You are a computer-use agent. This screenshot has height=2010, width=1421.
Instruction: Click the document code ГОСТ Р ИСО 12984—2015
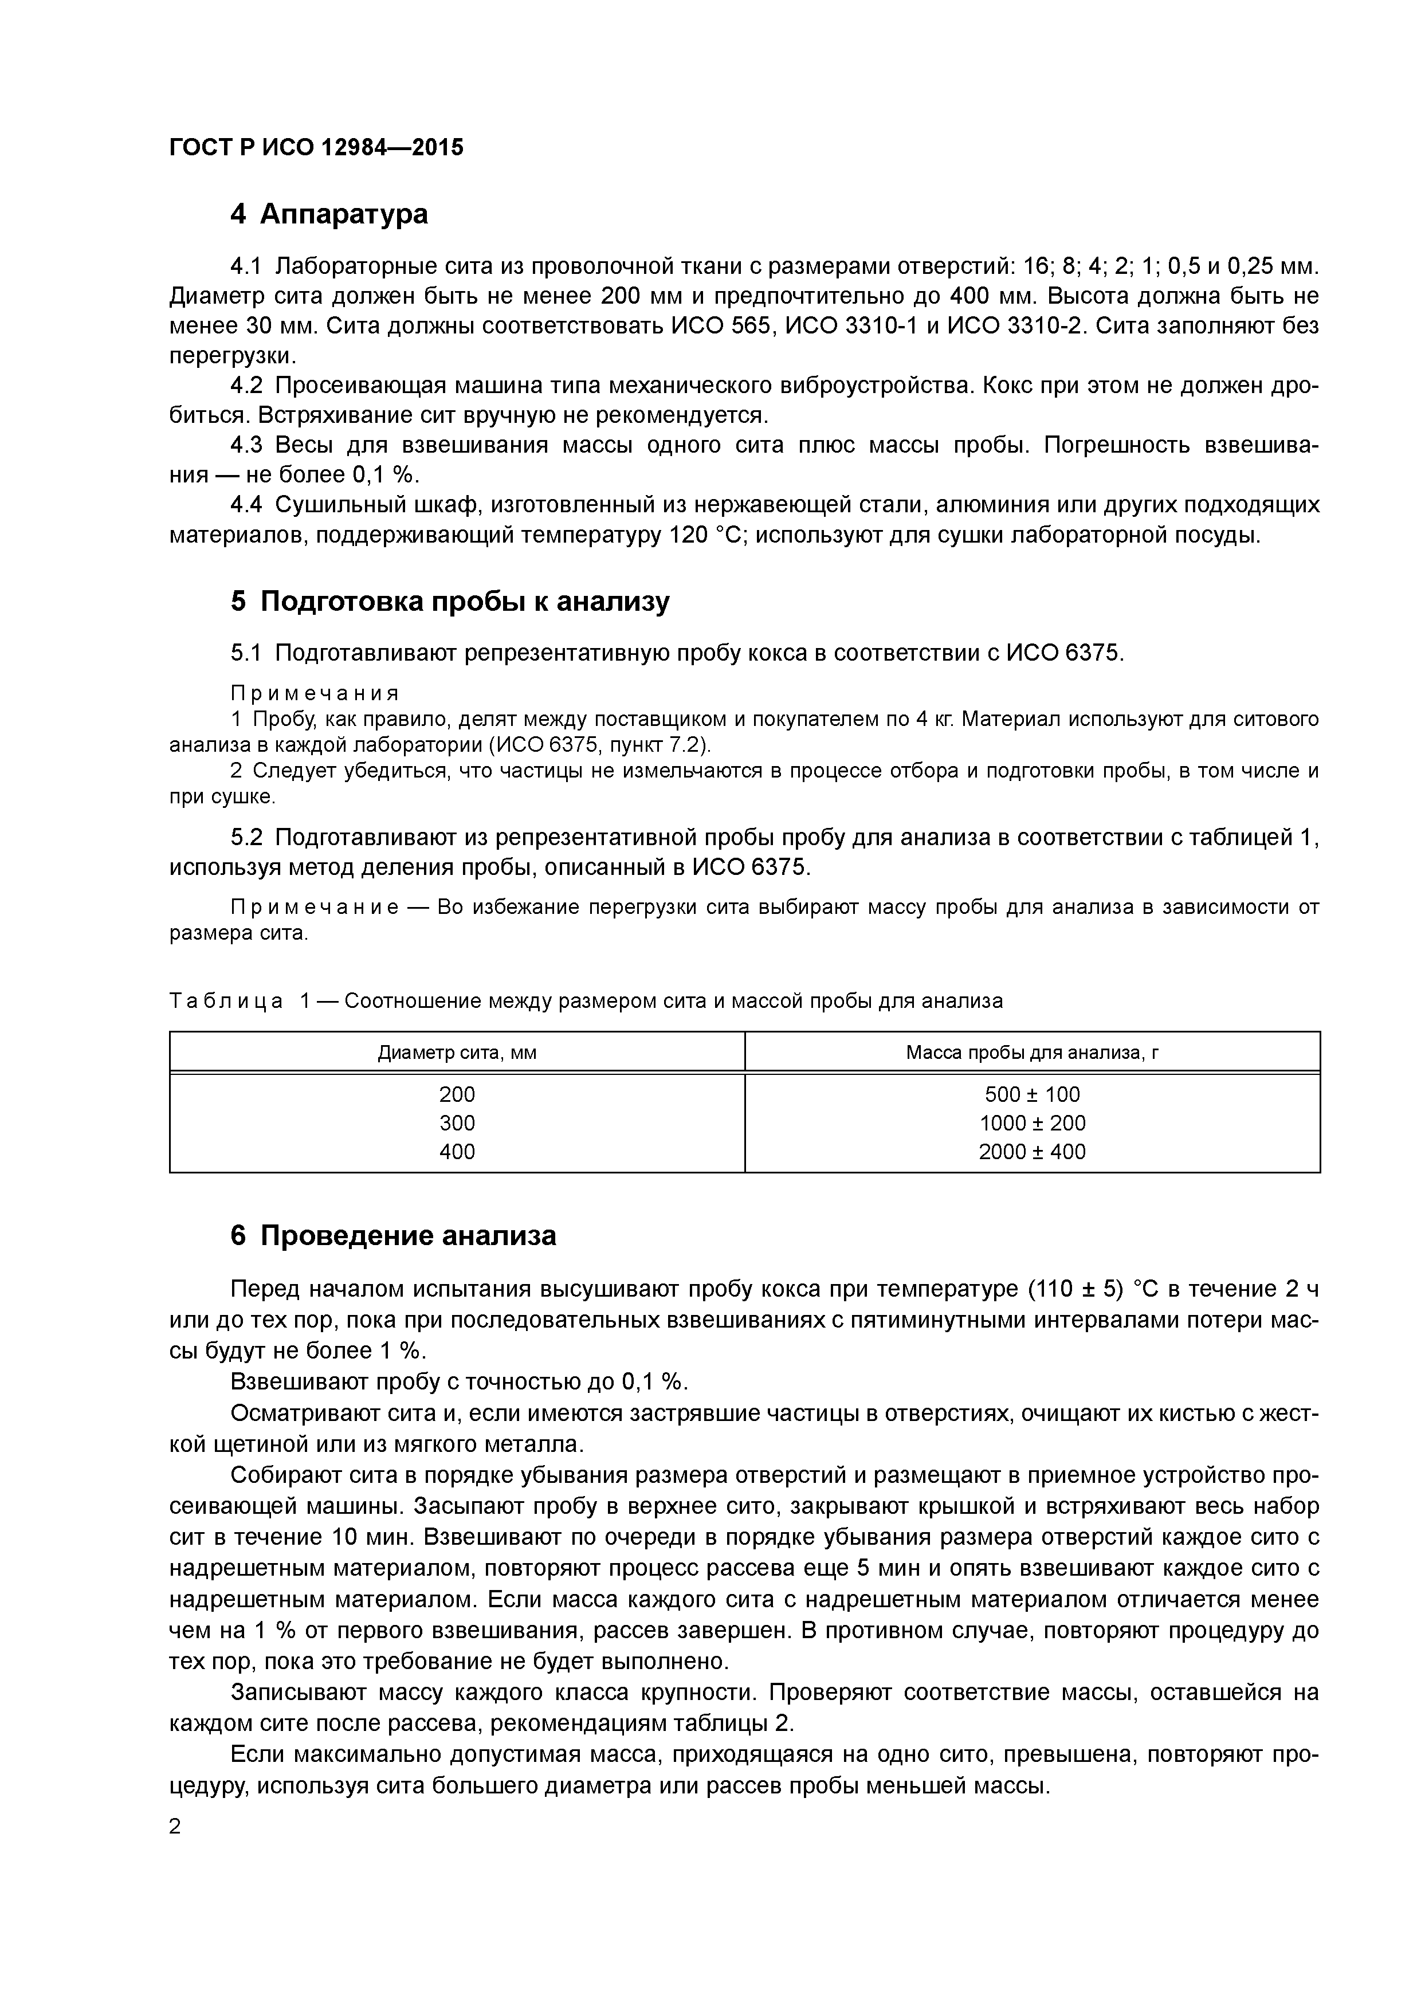(316, 148)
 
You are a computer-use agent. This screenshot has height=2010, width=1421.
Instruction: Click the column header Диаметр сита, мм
(457, 1053)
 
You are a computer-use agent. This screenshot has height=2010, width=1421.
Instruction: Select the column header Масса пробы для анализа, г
(1033, 1053)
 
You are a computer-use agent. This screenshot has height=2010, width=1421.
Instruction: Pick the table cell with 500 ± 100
(1033, 1094)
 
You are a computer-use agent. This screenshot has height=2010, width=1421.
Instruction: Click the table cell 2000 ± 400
(1033, 1151)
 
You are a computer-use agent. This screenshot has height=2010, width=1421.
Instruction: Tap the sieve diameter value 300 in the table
(457, 1122)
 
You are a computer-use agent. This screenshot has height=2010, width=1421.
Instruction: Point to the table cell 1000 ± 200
(1033, 1122)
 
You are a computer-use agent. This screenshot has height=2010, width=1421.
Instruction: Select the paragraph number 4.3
(246, 446)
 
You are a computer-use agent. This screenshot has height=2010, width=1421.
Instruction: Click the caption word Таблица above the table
(226, 1000)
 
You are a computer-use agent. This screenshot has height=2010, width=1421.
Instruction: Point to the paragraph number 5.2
(246, 838)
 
